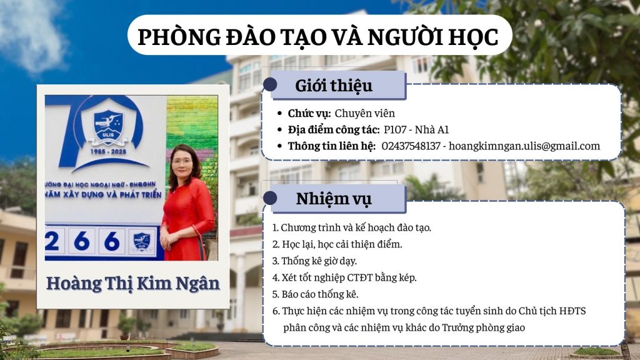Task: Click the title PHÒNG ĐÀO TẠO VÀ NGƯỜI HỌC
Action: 318,37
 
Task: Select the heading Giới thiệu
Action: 334,86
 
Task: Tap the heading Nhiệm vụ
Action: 334,199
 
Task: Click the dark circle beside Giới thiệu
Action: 270,84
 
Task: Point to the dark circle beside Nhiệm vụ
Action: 270,198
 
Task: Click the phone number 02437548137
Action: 411,146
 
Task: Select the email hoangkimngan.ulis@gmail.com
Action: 524,146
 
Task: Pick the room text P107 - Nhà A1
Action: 416,130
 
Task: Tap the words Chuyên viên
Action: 365,114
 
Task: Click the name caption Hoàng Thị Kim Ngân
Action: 133,284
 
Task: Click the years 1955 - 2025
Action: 108,151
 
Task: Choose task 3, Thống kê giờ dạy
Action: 314,261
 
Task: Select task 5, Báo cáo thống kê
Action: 315,294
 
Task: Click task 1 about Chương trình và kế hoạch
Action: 351,227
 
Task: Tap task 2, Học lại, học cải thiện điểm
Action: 337,244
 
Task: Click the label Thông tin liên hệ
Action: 331,146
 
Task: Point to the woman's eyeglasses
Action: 182,161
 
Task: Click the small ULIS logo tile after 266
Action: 142,241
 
